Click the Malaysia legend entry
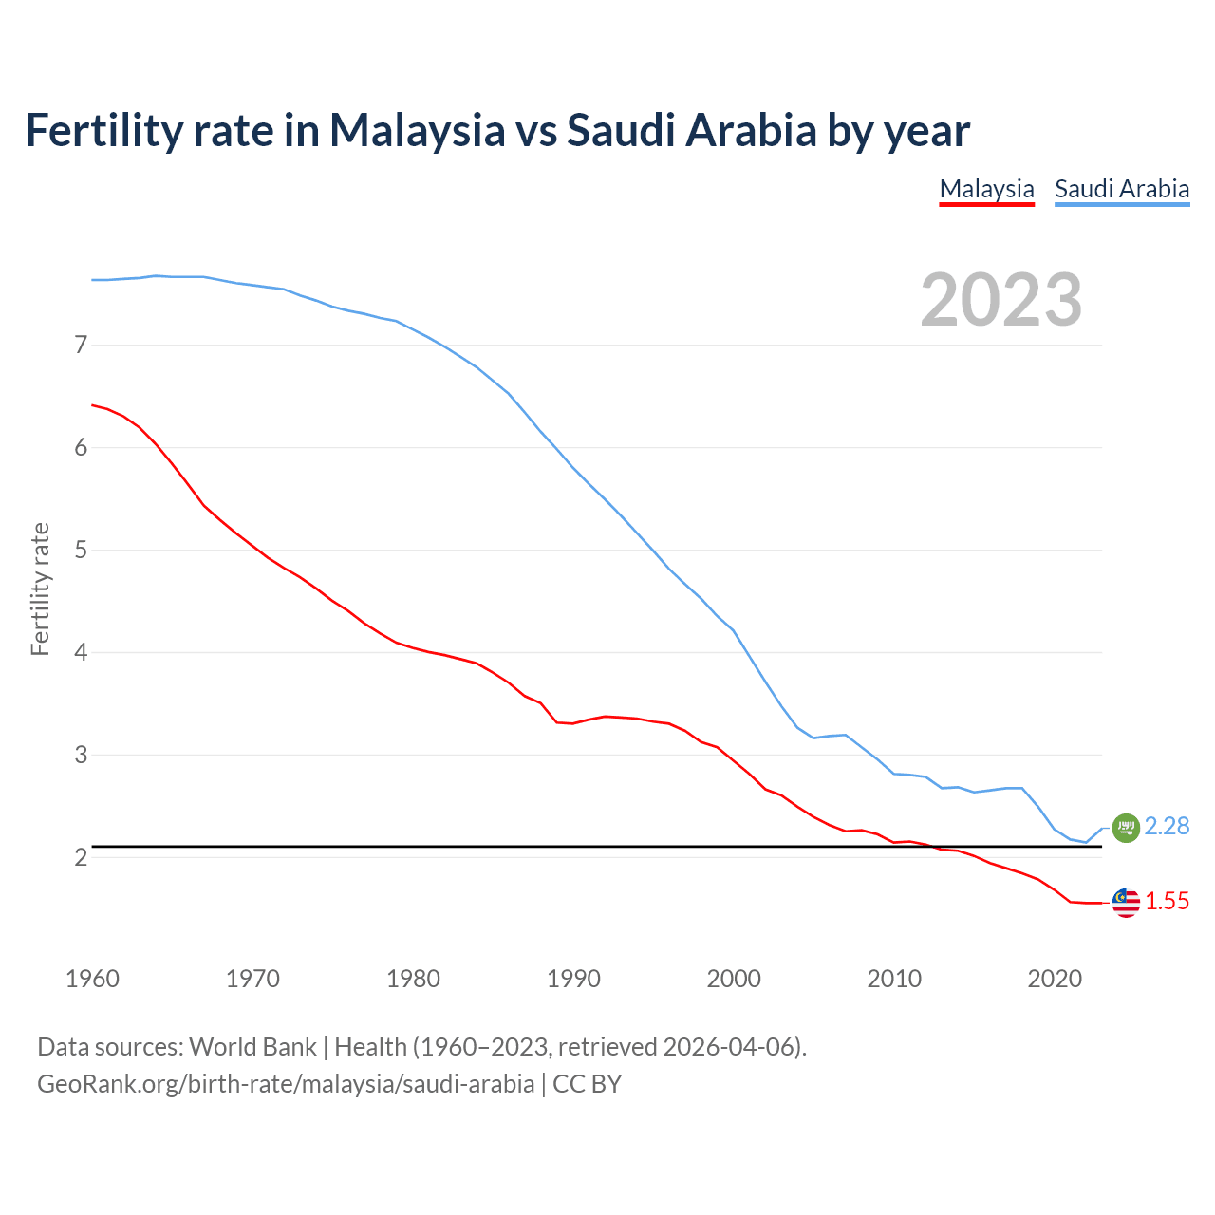click(x=986, y=189)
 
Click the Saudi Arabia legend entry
click(x=1122, y=189)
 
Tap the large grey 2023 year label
click(x=1000, y=300)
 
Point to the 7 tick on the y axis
click(x=81, y=345)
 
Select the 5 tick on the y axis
click(x=81, y=550)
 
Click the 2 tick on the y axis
click(x=81, y=857)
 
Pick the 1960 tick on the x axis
click(x=92, y=979)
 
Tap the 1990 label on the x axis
click(x=573, y=979)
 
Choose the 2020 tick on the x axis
click(x=1055, y=979)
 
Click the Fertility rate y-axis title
click(x=40, y=589)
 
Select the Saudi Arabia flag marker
click(x=1125, y=828)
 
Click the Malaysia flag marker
click(x=1125, y=903)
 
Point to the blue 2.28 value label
click(x=1167, y=827)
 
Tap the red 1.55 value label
click(x=1167, y=902)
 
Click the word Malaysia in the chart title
click(x=417, y=131)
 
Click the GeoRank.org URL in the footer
click(x=285, y=1084)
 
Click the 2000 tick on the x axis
click(x=734, y=979)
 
